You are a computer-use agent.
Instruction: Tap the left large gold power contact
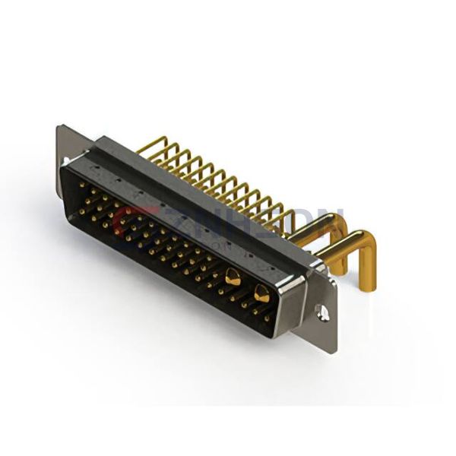click(x=232, y=277)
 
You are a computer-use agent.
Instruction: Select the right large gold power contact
click(x=263, y=291)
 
